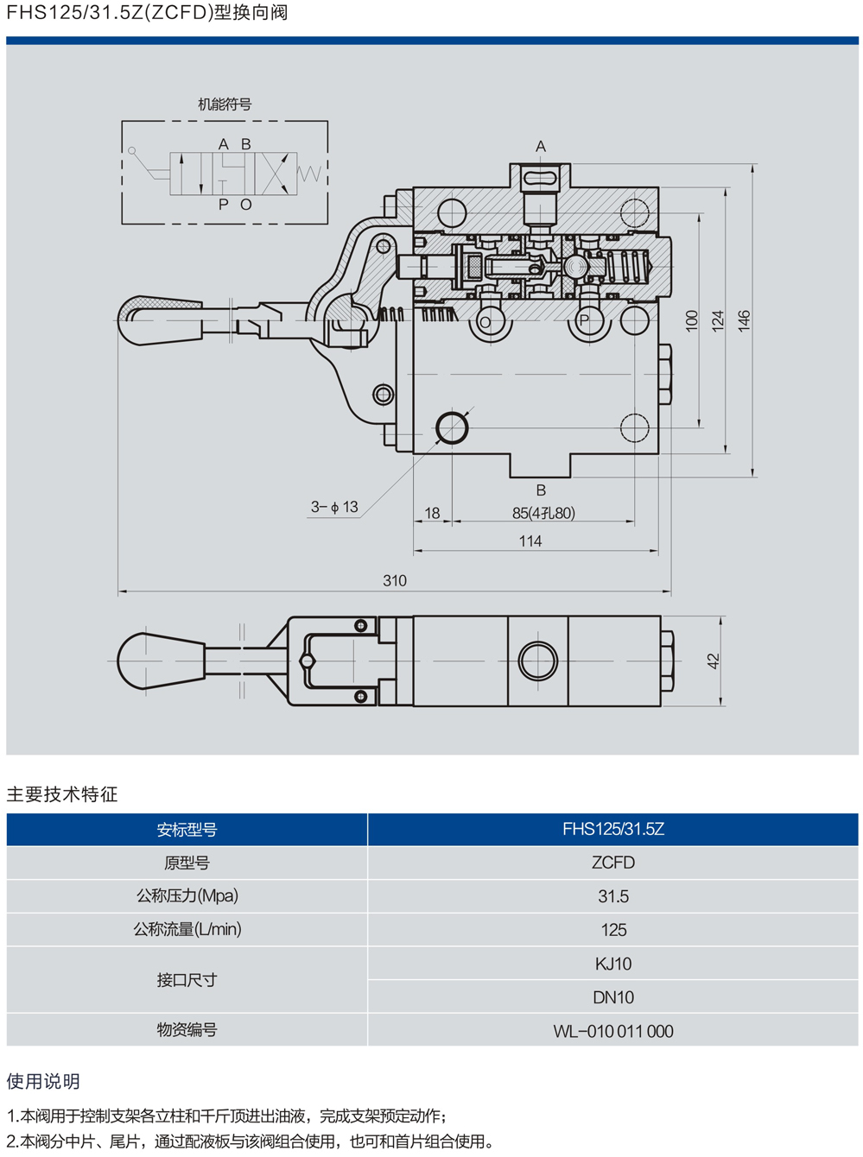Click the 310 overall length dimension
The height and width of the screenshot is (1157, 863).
tap(395, 581)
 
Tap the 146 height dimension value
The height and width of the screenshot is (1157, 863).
tap(745, 320)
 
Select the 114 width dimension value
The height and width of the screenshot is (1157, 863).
tap(530, 541)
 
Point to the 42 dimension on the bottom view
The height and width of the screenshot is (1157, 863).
tap(713, 661)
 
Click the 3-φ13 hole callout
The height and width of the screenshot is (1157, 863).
tap(334, 507)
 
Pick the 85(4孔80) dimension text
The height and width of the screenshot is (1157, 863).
tap(543, 513)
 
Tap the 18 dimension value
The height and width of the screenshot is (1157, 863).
tap(432, 513)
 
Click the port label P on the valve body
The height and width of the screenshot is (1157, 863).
tap(585, 320)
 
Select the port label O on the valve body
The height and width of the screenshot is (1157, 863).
tap(485, 323)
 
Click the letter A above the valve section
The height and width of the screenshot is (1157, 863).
tap(541, 147)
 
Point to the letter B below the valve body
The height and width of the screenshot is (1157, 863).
tap(541, 490)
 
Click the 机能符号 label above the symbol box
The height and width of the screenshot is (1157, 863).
tap(225, 104)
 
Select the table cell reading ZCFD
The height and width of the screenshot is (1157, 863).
tap(612, 863)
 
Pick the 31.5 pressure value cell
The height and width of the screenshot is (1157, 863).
tap(612, 896)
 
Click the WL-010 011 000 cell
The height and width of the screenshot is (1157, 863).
tap(612, 1031)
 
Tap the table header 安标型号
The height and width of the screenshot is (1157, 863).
tap(187, 830)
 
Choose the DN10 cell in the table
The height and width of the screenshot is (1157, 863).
tap(612, 997)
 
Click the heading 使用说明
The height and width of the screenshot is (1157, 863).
tap(43, 1081)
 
